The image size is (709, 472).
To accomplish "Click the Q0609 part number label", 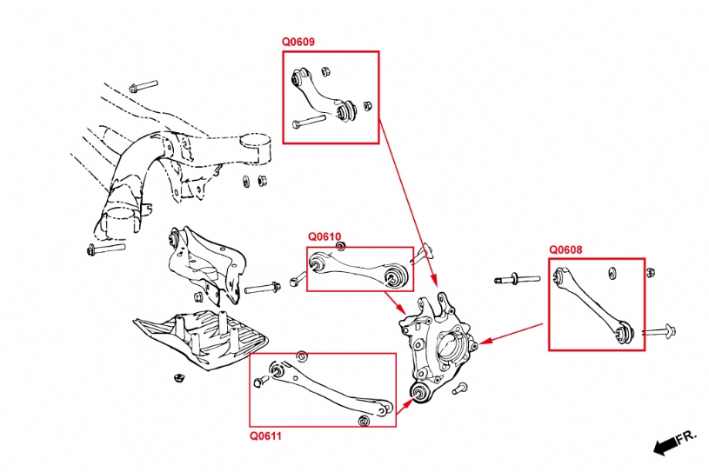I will click(x=298, y=42).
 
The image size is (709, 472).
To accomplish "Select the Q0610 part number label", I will click(x=324, y=236).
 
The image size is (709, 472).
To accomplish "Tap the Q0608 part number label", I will click(x=565, y=249).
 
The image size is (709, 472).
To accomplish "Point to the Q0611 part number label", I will click(x=266, y=435).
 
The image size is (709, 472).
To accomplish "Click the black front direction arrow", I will click(x=666, y=444).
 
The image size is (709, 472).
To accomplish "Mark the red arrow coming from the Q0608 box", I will click(x=513, y=334).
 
